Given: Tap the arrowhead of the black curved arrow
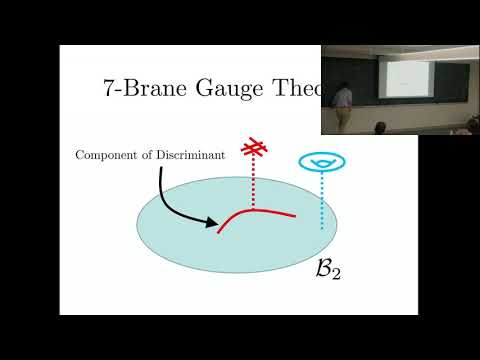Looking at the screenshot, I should point(213,224).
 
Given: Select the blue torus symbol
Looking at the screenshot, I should point(320,161).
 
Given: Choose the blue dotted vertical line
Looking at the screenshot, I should point(321,200).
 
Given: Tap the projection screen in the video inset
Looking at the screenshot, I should point(406,81).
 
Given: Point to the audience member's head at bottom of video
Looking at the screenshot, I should point(380,127).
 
